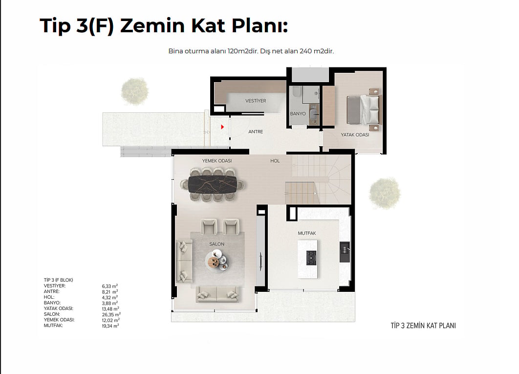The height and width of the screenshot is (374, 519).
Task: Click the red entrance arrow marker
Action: tap(222, 127)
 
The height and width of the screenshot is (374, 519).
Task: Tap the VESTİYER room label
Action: tap(256, 101)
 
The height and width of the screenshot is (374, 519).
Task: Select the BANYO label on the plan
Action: tap(298, 113)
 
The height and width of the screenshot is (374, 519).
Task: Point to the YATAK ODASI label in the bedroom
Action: tap(355, 135)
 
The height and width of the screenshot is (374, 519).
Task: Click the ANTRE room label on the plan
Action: tap(256, 132)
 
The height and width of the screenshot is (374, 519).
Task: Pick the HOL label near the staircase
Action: tap(275, 161)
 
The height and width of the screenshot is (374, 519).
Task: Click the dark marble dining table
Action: tap(213, 184)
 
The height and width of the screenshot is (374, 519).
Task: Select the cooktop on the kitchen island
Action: tap(311, 258)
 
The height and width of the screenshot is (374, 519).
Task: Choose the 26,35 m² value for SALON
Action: tap(111, 314)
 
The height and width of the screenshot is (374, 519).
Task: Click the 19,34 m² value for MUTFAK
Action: tap(110, 326)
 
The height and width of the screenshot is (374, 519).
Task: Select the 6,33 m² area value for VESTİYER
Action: tap(110, 286)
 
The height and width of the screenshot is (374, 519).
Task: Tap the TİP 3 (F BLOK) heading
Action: tap(58, 280)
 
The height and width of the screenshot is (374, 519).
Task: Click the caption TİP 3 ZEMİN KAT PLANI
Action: tap(423, 326)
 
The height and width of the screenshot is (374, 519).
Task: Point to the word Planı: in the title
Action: tap(259, 26)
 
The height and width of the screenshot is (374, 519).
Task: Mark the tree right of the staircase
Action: tap(385, 193)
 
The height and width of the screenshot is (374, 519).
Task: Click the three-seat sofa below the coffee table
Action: tap(217, 293)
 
